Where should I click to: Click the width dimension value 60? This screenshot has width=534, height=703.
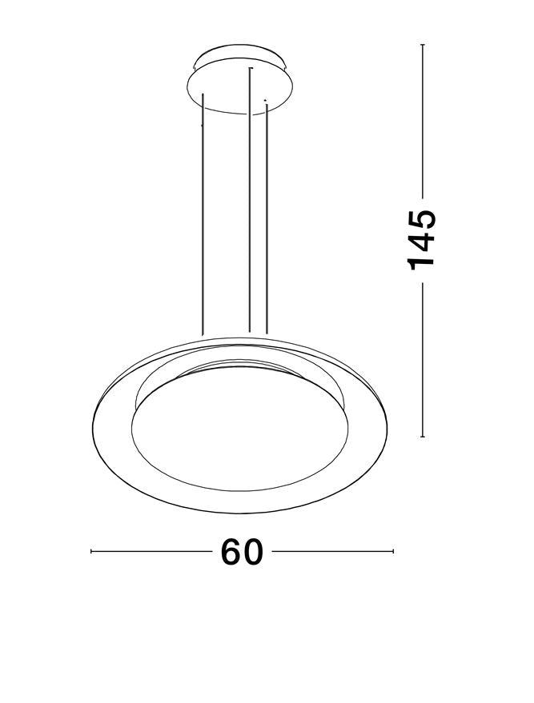tap(242, 552)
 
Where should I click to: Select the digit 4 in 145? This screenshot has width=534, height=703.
tap(422, 239)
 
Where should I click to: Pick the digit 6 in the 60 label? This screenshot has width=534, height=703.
tap(231, 552)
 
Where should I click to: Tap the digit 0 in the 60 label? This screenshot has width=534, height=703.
tap(253, 552)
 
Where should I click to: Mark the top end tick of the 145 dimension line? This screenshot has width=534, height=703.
tap(422, 46)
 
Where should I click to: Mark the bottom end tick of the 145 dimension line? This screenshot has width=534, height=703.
tap(422, 437)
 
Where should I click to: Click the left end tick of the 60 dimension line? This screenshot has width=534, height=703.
tap(91, 552)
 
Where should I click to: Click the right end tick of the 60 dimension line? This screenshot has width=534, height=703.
tap(393, 552)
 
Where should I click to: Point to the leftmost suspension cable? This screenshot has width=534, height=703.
tap(203, 216)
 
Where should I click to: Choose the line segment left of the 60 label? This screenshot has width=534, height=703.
tap(152, 552)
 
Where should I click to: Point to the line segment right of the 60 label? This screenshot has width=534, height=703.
tap(332, 552)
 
